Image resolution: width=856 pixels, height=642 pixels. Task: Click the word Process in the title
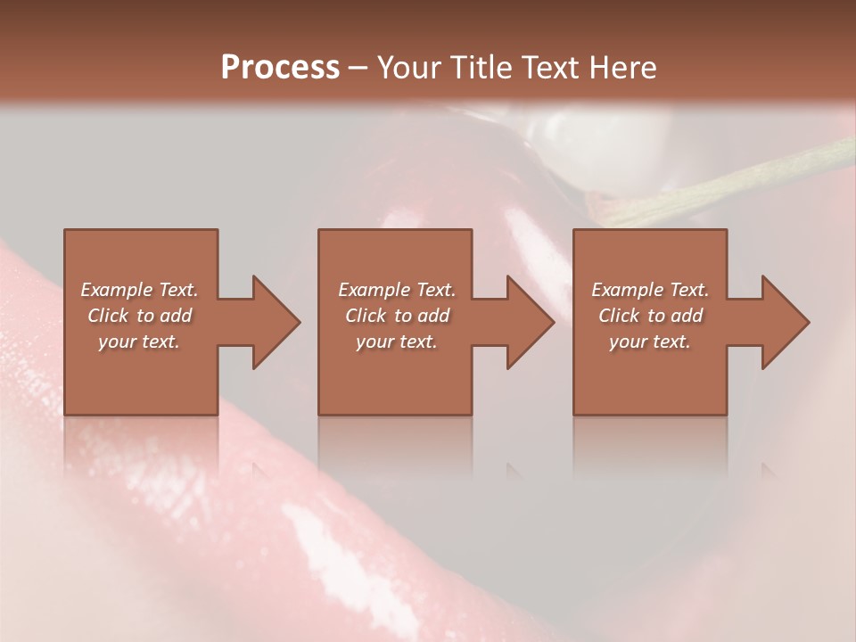(x=280, y=68)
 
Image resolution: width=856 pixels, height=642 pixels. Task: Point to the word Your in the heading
(x=412, y=68)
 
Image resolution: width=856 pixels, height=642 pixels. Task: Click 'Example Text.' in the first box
(x=139, y=290)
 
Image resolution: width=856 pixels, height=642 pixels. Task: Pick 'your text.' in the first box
(x=139, y=342)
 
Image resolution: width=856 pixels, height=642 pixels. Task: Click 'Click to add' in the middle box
(x=397, y=316)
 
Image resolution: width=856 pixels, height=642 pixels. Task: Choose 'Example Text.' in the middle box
(x=397, y=290)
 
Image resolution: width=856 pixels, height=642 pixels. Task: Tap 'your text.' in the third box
(x=650, y=342)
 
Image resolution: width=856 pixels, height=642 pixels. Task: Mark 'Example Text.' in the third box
(x=650, y=290)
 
